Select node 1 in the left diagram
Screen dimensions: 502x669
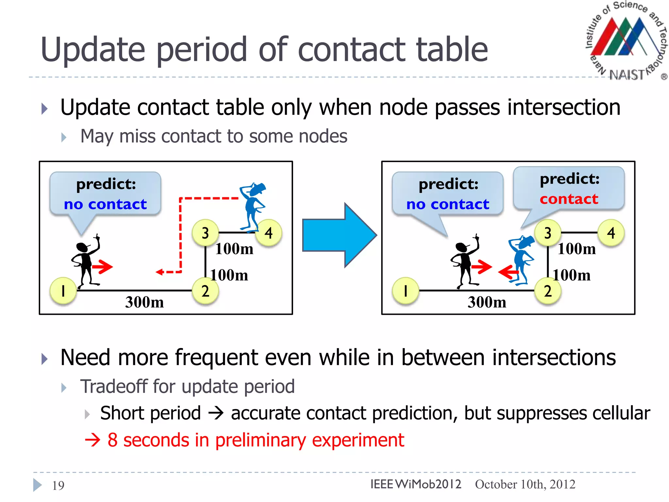click(63, 291)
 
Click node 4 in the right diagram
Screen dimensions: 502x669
click(611, 233)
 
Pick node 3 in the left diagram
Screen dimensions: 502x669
click(205, 233)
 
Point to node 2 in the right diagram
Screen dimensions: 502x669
click(547, 291)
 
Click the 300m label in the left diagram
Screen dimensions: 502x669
click(144, 302)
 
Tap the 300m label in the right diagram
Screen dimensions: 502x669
click(487, 302)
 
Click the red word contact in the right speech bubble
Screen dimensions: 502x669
click(569, 199)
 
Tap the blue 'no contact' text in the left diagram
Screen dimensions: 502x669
click(105, 204)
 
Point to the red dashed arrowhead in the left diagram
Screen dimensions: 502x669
click(160, 272)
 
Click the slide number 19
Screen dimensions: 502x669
click(58, 485)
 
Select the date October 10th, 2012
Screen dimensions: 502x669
click(525, 484)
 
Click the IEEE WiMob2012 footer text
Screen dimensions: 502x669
click(416, 484)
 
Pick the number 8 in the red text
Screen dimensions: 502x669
click(112, 440)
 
